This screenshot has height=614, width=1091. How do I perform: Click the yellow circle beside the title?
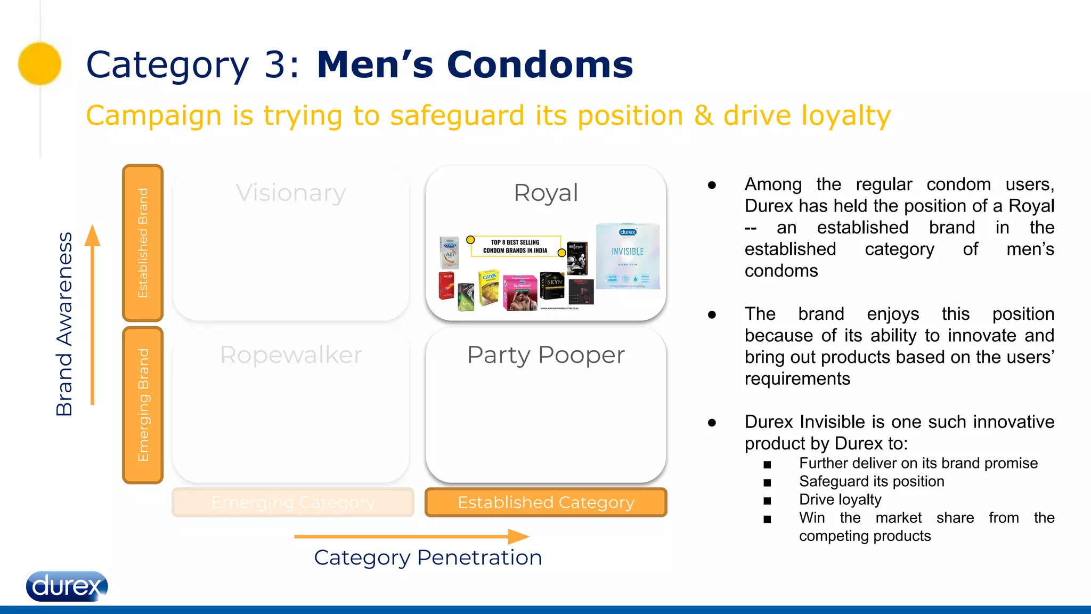tap(40, 63)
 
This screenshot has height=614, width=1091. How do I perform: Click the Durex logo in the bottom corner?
tap(67, 586)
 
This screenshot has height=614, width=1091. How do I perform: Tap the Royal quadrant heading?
tap(545, 193)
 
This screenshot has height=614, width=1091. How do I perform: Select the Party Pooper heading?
tap(545, 355)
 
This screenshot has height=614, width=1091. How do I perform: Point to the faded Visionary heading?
tap(291, 193)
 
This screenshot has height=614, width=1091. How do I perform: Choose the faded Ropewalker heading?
tap(291, 355)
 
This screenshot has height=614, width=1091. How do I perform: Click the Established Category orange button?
tap(545, 502)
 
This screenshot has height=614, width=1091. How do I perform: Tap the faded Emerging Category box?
tap(293, 502)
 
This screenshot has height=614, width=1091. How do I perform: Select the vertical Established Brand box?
tap(143, 243)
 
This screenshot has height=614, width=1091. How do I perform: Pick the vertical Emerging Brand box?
tap(143, 405)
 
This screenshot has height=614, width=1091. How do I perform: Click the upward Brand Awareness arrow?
tap(93, 314)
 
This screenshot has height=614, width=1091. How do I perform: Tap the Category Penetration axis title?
tap(428, 558)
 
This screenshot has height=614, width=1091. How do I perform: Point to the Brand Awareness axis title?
tap(64, 324)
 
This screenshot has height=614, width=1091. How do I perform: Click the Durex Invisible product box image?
tap(628, 256)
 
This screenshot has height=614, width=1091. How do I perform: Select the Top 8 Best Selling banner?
tap(515, 246)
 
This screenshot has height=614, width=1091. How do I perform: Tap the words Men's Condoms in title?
tap(475, 64)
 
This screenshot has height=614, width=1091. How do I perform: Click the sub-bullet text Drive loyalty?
tap(840, 499)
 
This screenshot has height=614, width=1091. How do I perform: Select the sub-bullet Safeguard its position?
tap(872, 481)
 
